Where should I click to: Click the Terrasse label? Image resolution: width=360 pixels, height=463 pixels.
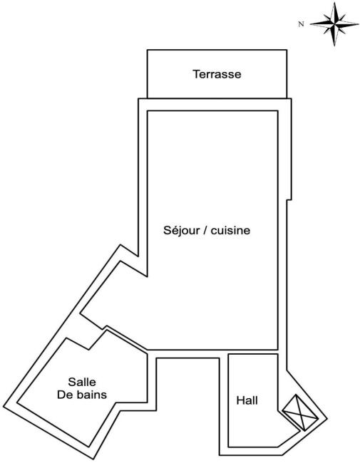tap(217, 74)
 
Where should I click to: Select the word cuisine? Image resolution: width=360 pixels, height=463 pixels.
tap(230, 230)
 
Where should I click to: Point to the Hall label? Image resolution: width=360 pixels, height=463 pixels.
tap(247, 400)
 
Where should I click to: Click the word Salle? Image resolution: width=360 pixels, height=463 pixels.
tap(82, 382)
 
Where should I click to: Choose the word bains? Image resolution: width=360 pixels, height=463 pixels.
tap(90, 395)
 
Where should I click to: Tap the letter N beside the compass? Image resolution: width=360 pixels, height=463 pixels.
tap(301, 24)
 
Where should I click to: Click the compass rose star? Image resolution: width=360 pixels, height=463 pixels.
tap(334, 24)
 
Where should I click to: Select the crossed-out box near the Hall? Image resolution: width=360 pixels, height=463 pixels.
tap(300, 413)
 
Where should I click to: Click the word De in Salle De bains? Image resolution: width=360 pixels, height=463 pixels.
tap(63, 395)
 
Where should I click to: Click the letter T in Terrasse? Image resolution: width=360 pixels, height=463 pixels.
tap(196, 74)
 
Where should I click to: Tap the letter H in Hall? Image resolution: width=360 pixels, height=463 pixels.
tap(240, 400)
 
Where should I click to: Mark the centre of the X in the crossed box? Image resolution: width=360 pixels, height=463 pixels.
tap(300, 413)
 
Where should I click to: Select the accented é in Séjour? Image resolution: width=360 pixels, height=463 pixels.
tap(173, 230)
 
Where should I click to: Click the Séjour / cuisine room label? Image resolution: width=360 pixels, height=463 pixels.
tap(207, 231)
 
